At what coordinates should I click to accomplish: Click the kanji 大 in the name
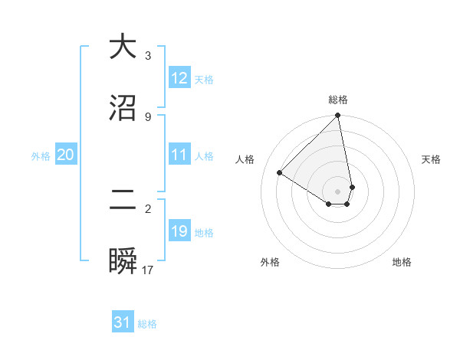123,47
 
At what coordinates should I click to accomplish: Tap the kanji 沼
123,108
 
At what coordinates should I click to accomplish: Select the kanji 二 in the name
123,201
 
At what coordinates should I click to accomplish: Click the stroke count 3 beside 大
148,56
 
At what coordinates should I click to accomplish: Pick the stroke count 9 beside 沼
148,116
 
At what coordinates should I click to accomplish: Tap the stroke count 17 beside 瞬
148,270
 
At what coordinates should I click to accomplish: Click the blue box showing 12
179,79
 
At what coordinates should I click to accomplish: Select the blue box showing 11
179,155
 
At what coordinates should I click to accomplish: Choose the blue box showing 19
179,232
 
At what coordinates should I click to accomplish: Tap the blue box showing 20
65,155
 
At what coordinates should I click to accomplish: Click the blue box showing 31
123,323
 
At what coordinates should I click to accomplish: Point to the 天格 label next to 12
204,80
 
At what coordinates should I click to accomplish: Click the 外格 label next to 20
41,156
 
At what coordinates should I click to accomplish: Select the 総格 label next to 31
147,324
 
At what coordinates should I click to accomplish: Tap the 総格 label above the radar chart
338,100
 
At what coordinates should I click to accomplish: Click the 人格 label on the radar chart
245,159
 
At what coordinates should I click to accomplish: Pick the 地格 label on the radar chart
402,262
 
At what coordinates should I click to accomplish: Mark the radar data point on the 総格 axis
337,116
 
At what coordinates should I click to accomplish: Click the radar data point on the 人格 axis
280,173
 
